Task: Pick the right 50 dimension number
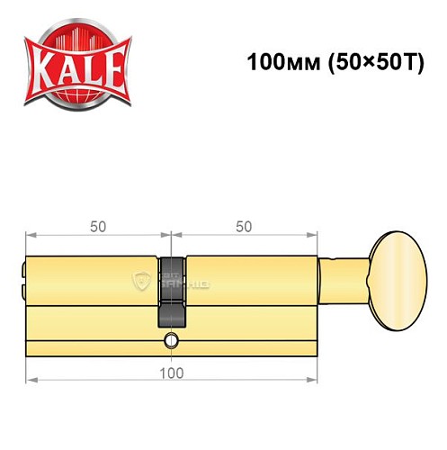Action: (243, 228)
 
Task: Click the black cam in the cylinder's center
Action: (172, 292)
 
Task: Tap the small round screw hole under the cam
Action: (171, 341)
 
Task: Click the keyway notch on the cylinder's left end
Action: (25, 269)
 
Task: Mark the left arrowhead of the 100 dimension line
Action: (29, 379)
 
